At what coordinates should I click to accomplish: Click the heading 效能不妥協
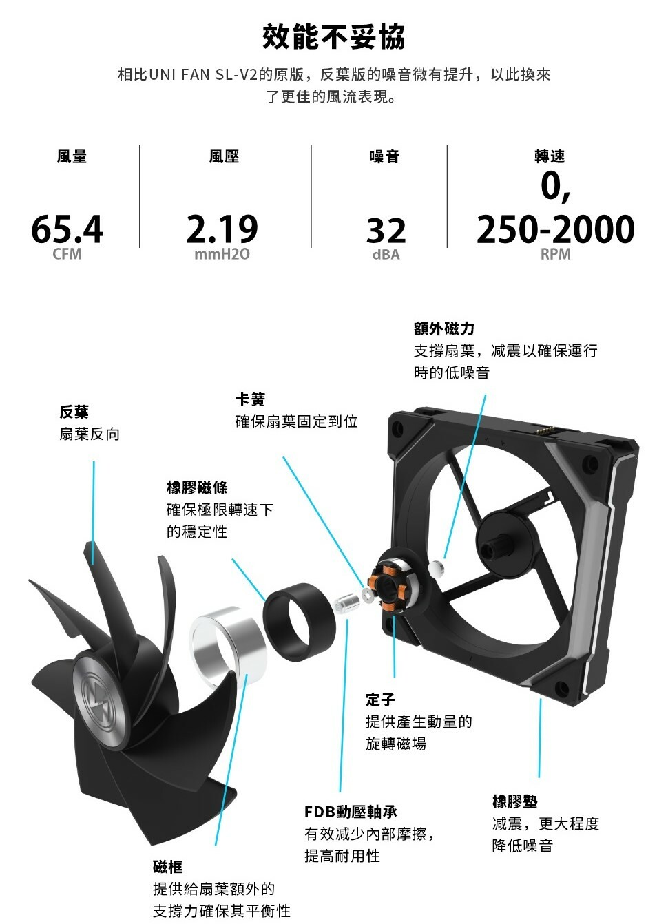[x=333, y=36]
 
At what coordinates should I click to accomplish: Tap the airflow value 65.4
[x=67, y=229]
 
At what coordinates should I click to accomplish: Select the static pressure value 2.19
[x=222, y=229]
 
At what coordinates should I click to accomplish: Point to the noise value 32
[x=386, y=231]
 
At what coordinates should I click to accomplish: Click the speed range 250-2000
[x=555, y=229]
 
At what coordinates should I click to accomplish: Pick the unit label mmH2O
[x=222, y=255]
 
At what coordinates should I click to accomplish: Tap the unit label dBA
[x=386, y=255]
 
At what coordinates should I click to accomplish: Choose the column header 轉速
[x=549, y=157]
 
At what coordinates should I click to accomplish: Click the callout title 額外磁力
[x=444, y=328]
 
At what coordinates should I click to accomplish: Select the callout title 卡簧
[x=250, y=399]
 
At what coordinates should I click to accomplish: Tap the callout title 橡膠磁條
[x=197, y=487]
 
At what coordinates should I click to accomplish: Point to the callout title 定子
[x=380, y=700]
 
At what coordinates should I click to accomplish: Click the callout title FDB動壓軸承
[x=351, y=812]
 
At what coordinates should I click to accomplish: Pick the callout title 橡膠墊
[x=514, y=801]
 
